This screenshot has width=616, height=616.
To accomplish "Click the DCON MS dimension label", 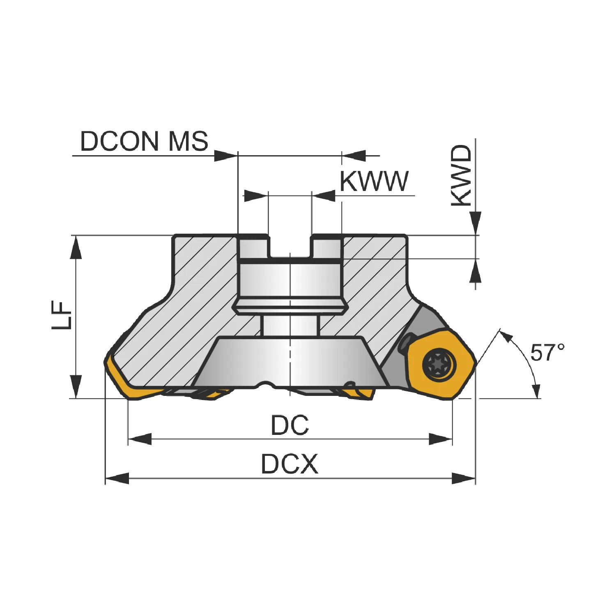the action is [x=144, y=141].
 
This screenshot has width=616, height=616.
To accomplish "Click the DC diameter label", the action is [x=290, y=425].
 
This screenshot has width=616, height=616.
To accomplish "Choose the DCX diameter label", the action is [x=290, y=464].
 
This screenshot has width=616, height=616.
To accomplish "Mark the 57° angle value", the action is [x=547, y=352].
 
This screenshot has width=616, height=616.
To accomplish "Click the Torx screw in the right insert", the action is [x=439, y=363].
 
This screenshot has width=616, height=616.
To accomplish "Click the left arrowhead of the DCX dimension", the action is [x=117, y=478].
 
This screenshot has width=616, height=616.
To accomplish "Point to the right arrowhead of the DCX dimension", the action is [x=464, y=478].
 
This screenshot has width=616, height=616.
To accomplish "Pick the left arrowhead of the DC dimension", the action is [x=140, y=439].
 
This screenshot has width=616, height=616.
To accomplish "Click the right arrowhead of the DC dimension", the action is [x=440, y=439].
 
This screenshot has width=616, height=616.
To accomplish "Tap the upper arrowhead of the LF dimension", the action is [x=76, y=247].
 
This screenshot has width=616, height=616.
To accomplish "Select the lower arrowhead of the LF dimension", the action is [x=76, y=386].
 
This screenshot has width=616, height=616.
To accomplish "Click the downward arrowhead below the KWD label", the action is [x=476, y=223].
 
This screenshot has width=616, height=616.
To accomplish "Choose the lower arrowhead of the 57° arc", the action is [x=536, y=390].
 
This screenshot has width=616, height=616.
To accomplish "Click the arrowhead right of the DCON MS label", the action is [x=226, y=156].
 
